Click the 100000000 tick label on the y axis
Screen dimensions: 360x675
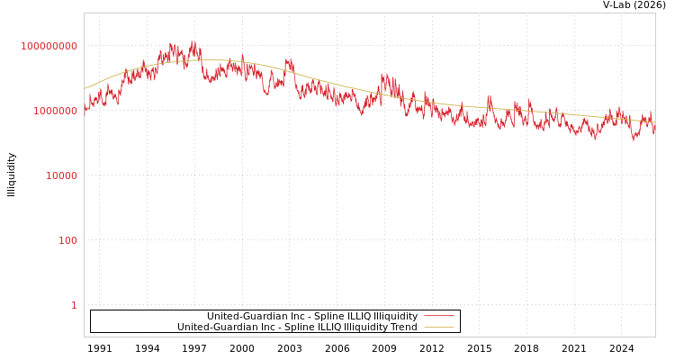click(49, 46)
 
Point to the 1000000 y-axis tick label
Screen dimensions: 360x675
click(56, 111)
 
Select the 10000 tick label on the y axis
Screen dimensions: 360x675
click(61, 175)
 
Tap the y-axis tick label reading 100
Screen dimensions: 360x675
click(68, 240)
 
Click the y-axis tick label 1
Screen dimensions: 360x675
click(74, 305)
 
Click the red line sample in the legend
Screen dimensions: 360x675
click(438, 316)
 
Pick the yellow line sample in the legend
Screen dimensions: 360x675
click(438, 327)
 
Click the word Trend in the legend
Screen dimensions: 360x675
click(402, 327)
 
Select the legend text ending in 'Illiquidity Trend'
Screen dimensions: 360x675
click(297, 327)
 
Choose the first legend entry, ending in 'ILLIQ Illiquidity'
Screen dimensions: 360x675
click(312, 316)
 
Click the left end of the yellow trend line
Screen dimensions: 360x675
click(85, 88)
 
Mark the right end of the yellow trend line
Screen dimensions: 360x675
click(654, 121)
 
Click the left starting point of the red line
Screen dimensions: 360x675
click(85, 113)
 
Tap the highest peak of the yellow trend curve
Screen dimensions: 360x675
click(202, 60)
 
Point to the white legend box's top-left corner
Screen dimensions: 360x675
click(91, 310)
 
